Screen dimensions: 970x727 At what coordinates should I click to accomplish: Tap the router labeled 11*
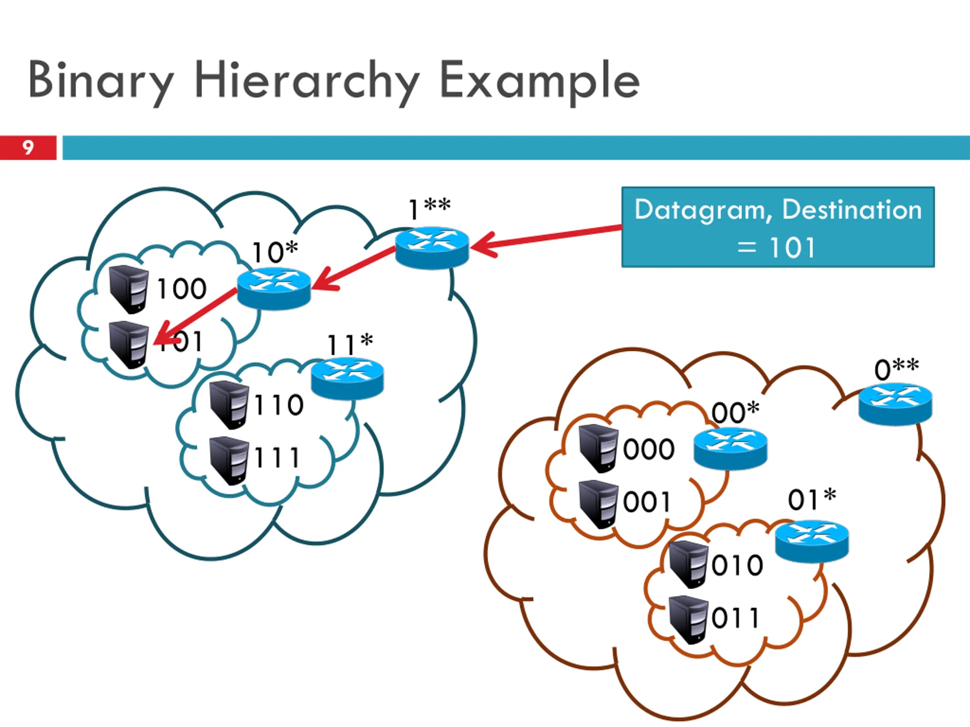pyautogui.click(x=347, y=379)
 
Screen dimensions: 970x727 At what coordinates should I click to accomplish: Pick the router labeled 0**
pyautogui.click(x=895, y=404)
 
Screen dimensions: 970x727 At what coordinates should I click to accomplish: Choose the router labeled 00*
pyautogui.click(x=731, y=449)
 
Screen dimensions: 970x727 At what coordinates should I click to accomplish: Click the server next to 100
pyautogui.click(x=128, y=289)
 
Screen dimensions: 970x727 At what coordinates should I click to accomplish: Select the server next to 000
pyautogui.click(x=598, y=448)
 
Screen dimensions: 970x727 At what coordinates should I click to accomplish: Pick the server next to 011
pyautogui.click(x=688, y=619)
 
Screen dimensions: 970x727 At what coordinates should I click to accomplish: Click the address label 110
pyautogui.click(x=278, y=404)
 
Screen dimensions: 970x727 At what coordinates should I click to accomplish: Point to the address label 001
pyautogui.click(x=647, y=502)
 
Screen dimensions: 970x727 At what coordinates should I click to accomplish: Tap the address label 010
pyautogui.click(x=737, y=565)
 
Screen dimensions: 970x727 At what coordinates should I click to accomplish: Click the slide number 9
pyautogui.click(x=28, y=148)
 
